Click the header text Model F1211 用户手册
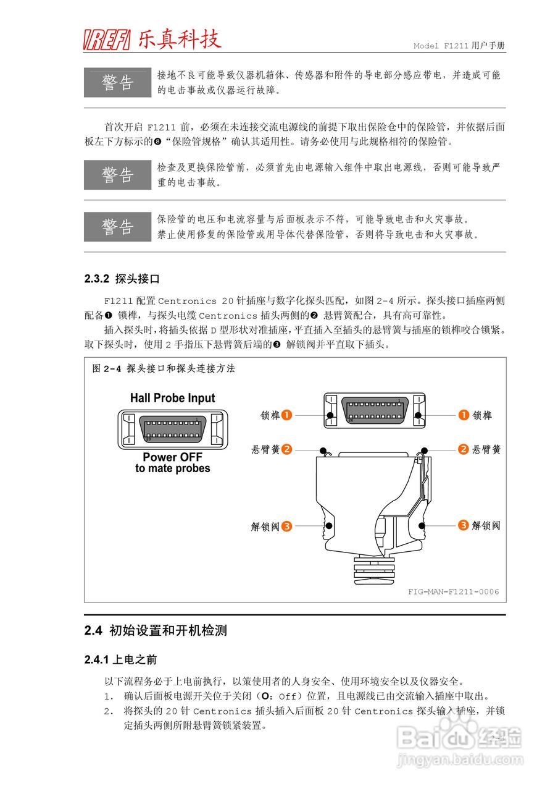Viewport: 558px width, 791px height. [x=459, y=46]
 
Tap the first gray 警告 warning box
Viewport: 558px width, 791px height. [x=117, y=83]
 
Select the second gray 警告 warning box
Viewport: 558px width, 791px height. [x=117, y=175]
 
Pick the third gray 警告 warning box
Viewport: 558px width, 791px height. [x=117, y=227]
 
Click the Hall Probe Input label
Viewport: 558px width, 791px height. [x=172, y=398]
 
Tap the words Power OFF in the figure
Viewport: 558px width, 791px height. [x=168, y=457]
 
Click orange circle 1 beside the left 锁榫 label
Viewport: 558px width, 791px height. [x=287, y=415]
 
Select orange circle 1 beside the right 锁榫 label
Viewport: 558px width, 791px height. [x=464, y=415]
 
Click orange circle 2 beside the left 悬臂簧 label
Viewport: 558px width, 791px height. [x=287, y=449]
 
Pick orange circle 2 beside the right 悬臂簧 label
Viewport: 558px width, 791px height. [x=464, y=449]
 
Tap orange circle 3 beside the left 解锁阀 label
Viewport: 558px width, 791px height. [x=287, y=527]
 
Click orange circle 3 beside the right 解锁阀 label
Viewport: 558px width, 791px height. [x=464, y=525]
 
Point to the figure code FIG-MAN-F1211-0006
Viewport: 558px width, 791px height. [x=453, y=591]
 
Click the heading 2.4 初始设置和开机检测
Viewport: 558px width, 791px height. [x=156, y=631]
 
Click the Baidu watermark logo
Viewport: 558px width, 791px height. [x=459, y=737]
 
